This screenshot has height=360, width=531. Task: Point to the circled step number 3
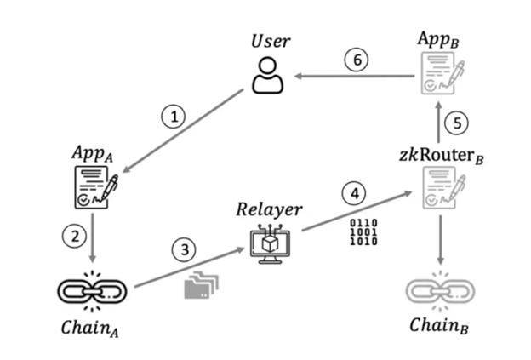click(183, 250)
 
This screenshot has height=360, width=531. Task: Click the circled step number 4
click(355, 194)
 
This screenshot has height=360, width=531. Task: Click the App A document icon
click(93, 187)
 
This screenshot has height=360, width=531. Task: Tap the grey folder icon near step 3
click(198, 286)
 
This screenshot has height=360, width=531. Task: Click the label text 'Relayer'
click(271, 207)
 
